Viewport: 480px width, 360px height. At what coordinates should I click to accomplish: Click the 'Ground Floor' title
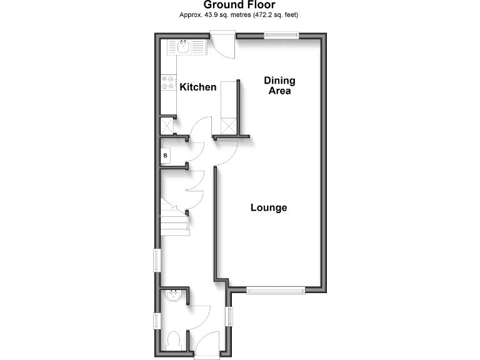click(x=240, y=6)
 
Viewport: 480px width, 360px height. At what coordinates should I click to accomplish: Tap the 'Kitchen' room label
click(x=198, y=87)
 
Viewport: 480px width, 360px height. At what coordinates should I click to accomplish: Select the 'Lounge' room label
click(x=269, y=207)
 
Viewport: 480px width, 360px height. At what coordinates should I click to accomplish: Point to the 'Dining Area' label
click(x=279, y=86)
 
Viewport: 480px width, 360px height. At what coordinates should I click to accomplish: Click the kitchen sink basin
click(x=184, y=46)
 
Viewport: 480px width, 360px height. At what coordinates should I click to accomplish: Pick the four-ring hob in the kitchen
click(x=169, y=82)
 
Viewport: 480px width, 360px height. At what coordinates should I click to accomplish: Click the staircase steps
click(x=173, y=217)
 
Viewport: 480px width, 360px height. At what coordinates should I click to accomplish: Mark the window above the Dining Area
click(x=281, y=36)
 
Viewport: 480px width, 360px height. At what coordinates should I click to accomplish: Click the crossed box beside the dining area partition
click(x=228, y=127)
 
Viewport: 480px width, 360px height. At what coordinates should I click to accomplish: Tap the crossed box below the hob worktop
click(x=168, y=126)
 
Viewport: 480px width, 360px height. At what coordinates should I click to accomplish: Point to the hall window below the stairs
click(x=157, y=259)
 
